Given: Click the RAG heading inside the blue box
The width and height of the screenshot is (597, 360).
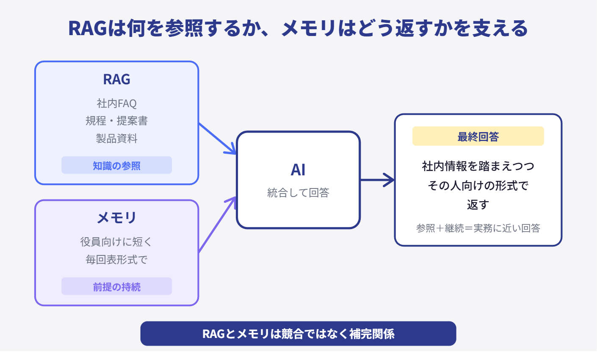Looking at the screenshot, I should [116, 79].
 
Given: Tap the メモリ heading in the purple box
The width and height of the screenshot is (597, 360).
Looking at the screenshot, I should [116, 218].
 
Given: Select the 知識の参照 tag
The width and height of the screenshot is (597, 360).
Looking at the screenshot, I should [116, 166].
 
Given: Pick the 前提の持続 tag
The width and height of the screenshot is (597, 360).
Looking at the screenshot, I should [116, 287].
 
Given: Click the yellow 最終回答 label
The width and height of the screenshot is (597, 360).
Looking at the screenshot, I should [478, 136].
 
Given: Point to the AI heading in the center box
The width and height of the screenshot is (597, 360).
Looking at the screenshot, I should [298, 170].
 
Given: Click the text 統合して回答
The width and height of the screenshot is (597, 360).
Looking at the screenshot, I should [298, 193].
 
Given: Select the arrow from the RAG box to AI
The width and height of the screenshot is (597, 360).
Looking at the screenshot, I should [217, 138].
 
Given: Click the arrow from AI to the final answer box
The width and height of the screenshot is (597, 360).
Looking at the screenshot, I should [377, 180].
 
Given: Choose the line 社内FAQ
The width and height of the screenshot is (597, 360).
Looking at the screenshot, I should [116, 103].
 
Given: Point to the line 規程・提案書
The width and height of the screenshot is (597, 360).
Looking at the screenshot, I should [116, 121].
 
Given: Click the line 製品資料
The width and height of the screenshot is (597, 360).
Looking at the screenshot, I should [116, 138].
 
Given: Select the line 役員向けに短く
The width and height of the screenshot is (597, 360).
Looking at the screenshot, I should [116, 242].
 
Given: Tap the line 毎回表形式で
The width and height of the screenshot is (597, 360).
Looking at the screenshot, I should [116, 260].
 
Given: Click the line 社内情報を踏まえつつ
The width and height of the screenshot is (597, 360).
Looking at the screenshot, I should [478, 166].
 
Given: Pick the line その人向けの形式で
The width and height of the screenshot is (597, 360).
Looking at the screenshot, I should [478, 186].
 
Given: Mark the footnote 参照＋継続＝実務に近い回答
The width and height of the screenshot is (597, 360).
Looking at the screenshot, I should [478, 228].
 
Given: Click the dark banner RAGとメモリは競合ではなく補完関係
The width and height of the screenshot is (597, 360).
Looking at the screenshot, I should [298, 334].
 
